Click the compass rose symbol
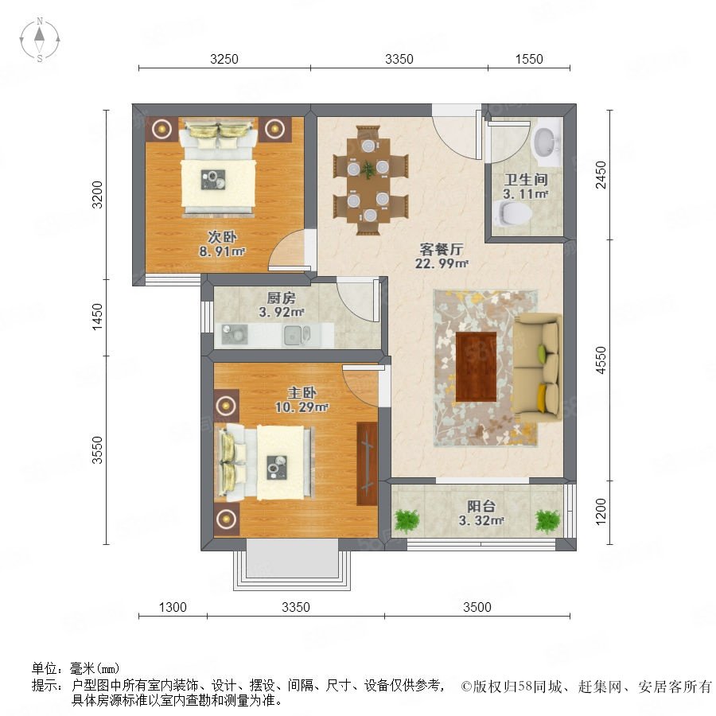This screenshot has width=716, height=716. click(40, 40)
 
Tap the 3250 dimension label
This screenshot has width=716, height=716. click(224, 60)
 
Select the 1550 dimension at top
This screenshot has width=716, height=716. click(529, 60)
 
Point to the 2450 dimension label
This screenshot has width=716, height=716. click(601, 174)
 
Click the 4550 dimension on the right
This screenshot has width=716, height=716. click(601, 360)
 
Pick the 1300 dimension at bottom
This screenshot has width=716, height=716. click(173, 607)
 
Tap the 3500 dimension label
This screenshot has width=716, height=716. click(477, 607)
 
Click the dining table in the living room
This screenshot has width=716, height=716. click(368, 181)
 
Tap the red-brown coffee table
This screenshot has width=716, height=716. click(477, 367)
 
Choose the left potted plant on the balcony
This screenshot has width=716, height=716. click(407, 520)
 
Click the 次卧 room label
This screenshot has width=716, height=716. click(223, 237)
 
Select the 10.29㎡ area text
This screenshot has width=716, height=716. click(302, 407)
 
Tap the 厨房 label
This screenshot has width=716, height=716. click(282, 298)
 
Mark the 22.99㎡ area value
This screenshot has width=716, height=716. click(442, 263)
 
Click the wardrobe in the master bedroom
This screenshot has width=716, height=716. click(367, 464)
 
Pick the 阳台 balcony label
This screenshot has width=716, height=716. click(481, 507)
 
